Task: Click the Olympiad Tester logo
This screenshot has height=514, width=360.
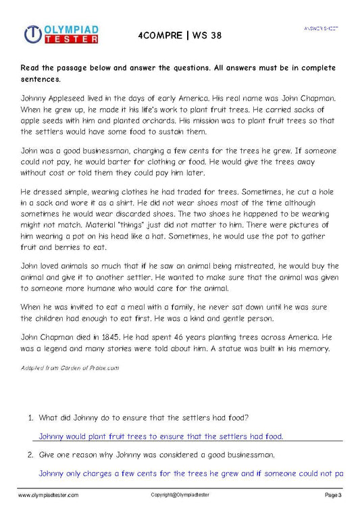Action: pos(60,34)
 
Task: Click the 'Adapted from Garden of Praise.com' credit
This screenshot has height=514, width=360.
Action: pos(70,368)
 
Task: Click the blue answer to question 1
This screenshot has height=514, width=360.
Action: pos(161,436)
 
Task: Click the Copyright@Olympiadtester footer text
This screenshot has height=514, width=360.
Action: pos(180,496)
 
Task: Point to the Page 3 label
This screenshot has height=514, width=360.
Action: pos(334,496)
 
